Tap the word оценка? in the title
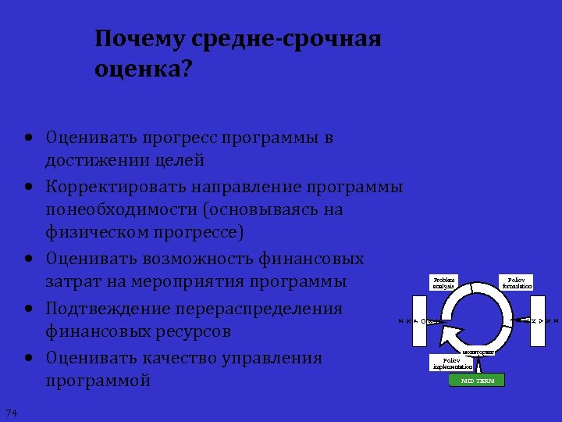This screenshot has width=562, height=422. coord(143,70)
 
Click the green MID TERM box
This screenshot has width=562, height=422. coord(477,381)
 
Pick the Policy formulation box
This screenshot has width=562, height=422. coord(517,283)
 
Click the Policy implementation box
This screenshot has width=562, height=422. coord(452,363)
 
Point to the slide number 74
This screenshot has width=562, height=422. coord(11,413)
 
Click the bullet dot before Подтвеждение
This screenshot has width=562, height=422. coord(28,309)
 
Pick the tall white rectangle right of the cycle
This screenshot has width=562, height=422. coord(537,321)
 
